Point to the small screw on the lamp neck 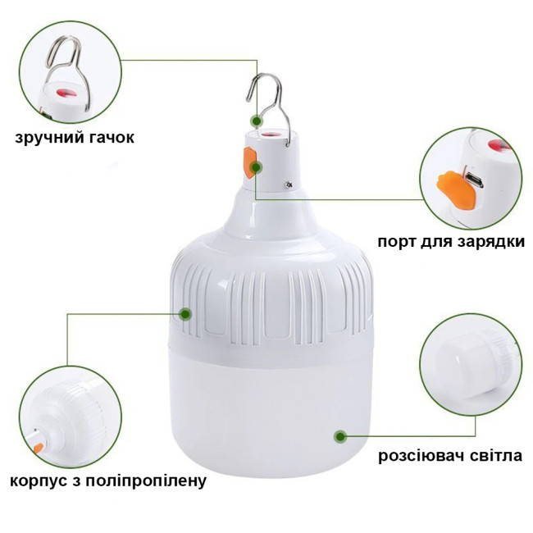coord(289,184)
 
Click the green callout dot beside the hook coord(257,121)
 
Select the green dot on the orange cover coord(256,167)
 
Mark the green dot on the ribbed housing coord(185,314)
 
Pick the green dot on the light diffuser coord(340,436)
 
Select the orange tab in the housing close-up coord(39,449)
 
